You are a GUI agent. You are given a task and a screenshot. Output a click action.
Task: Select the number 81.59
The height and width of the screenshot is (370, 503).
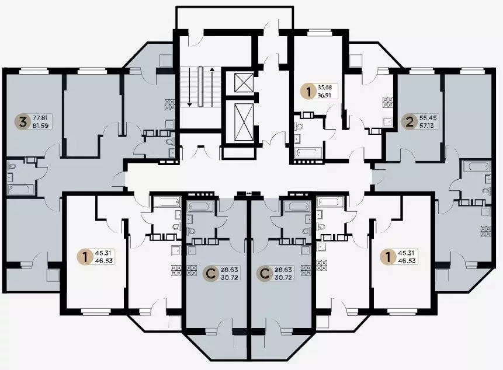click(x=40, y=125)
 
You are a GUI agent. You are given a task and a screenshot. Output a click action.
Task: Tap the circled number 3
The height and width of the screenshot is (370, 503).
click(x=22, y=122)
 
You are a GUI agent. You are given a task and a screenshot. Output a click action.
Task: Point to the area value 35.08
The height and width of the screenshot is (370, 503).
click(x=325, y=87)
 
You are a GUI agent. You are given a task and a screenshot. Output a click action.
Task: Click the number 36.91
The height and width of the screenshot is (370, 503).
click(x=325, y=95)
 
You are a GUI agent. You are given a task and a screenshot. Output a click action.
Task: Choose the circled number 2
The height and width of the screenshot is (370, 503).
click(x=410, y=122)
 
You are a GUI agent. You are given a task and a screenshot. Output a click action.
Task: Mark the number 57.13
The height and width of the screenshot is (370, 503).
click(x=426, y=125)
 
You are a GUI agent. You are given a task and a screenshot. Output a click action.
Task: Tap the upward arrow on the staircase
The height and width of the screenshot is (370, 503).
click(x=211, y=86)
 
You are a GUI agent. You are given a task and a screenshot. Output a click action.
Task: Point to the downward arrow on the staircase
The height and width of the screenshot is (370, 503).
click(x=189, y=86)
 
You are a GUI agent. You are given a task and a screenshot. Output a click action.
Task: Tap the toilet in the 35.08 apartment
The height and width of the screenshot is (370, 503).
click(x=299, y=126)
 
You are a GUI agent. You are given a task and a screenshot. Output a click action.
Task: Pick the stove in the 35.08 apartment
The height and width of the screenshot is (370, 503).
click(x=388, y=102)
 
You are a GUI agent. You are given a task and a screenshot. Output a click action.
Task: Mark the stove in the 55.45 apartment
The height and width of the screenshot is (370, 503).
click(x=485, y=231)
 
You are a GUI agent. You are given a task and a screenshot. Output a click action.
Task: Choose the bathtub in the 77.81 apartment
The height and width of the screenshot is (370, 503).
click(x=19, y=189)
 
